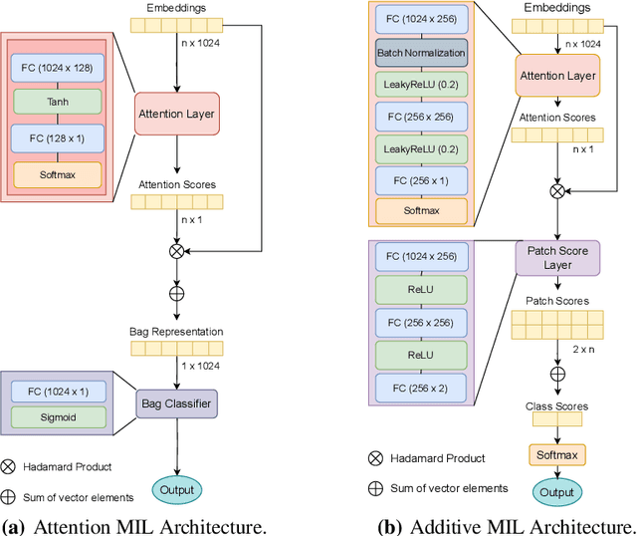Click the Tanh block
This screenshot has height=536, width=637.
pos(57,101)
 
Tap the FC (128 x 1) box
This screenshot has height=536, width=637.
pos(57,137)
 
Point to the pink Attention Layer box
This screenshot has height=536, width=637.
pos(176,115)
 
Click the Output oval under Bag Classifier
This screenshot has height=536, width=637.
pos(177,489)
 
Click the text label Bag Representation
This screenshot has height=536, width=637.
pos(175,331)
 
